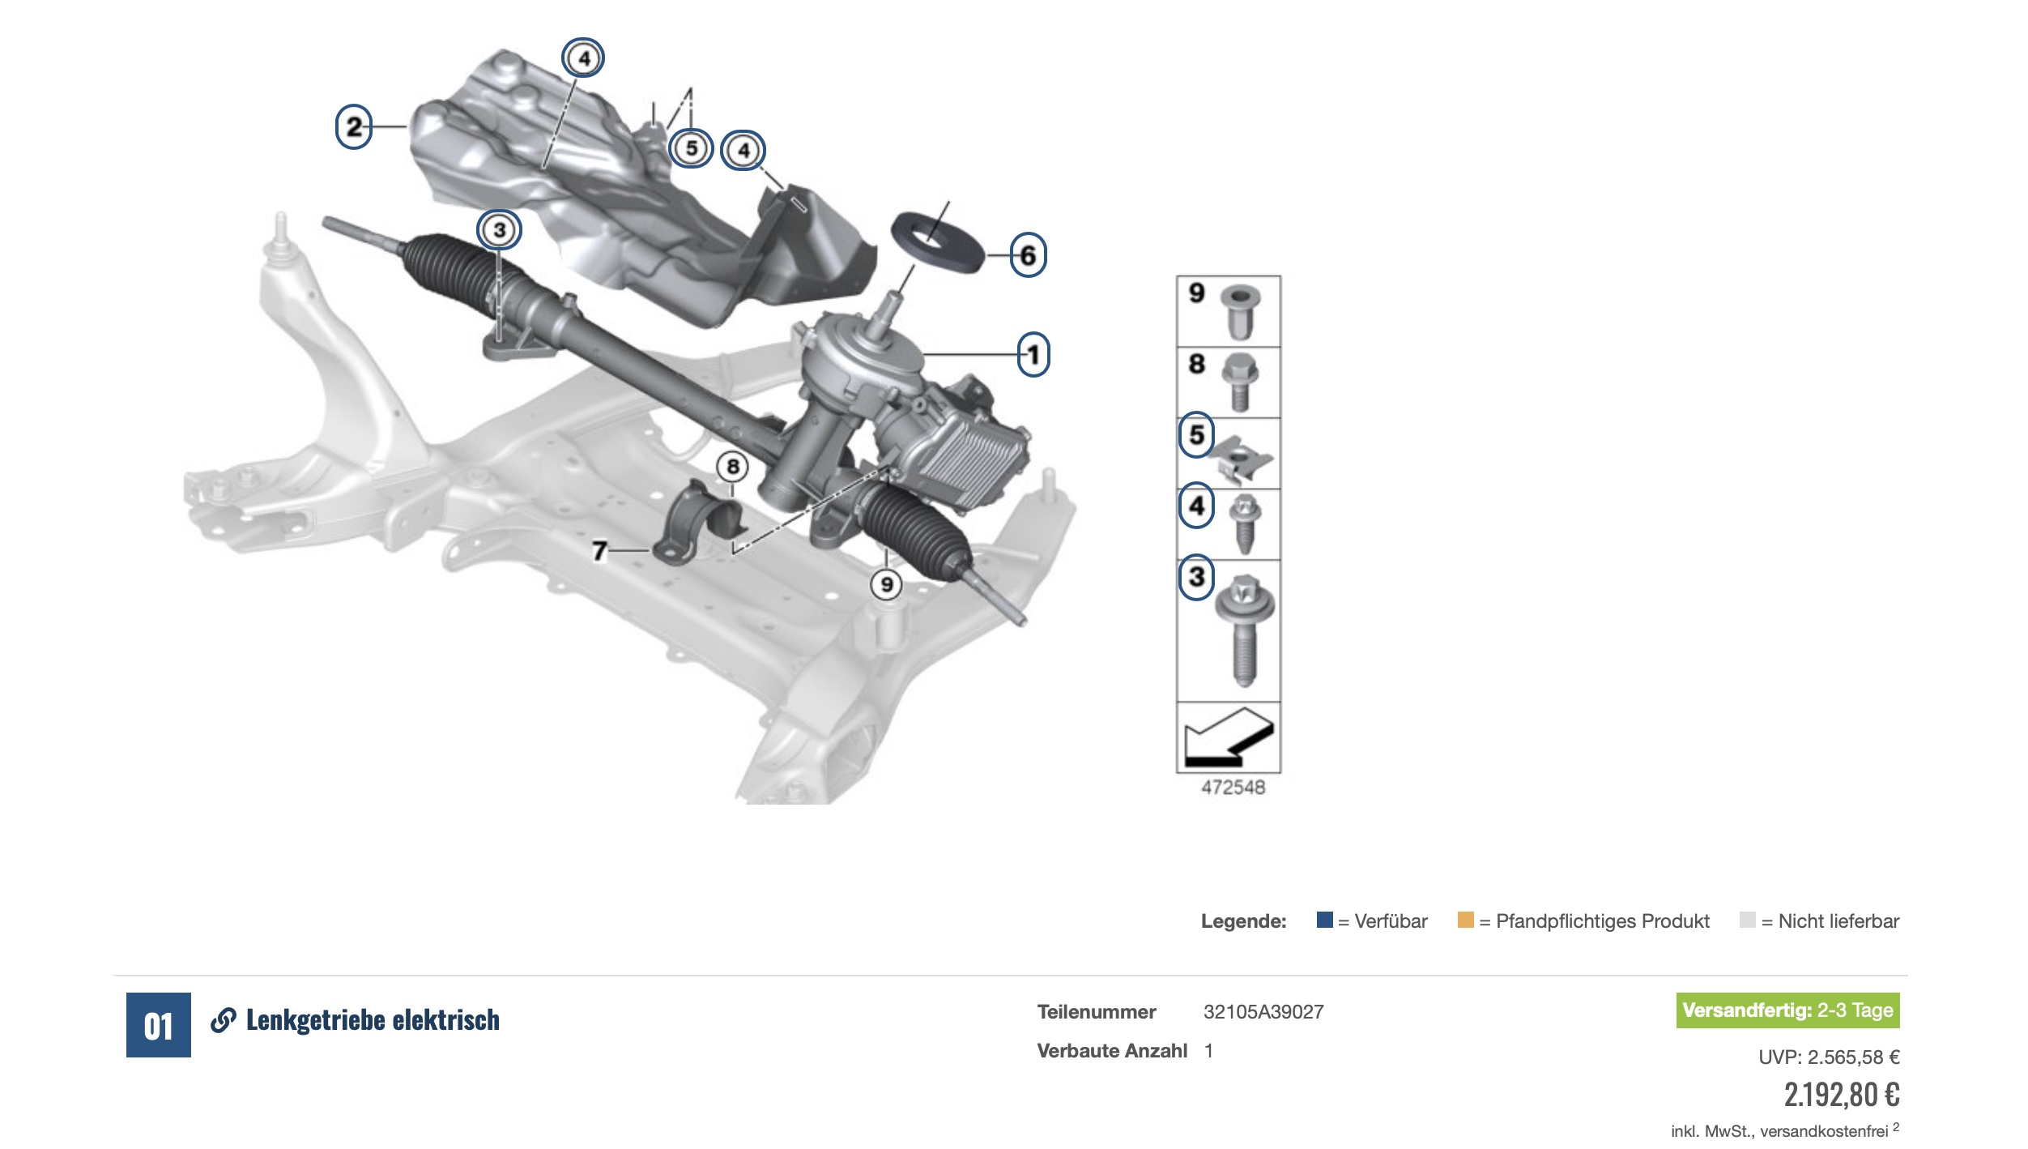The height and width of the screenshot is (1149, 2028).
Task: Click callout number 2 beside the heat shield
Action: [x=354, y=126]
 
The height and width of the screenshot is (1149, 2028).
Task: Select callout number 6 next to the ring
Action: [x=1028, y=255]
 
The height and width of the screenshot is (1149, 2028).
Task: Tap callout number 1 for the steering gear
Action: [x=1033, y=354]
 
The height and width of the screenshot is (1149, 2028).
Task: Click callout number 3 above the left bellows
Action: [x=499, y=230]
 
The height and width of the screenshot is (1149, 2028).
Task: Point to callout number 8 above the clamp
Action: [x=732, y=467]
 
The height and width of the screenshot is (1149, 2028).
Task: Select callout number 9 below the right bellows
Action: [x=887, y=584]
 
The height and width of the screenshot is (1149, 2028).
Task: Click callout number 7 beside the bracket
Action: [x=599, y=551]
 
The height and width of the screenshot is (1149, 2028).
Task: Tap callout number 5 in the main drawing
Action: [x=691, y=148]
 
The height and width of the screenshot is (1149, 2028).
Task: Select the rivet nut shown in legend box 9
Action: [x=1239, y=312]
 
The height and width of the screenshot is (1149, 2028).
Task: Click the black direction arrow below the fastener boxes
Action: [x=1227, y=737]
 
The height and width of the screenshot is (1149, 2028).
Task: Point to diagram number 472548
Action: [x=1233, y=788]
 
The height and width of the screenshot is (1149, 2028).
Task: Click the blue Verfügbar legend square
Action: [x=1325, y=920]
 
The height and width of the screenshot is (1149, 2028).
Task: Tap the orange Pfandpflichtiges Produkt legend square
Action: [x=1465, y=920]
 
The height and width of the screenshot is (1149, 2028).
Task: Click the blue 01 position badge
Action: [x=159, y=1025]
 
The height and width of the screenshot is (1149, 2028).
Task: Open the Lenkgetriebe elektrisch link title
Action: [x=373, y=1020]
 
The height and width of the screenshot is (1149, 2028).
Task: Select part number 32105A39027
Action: [x=1263, y=1012]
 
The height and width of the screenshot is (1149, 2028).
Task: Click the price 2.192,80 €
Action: [x=1842, y=1095]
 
